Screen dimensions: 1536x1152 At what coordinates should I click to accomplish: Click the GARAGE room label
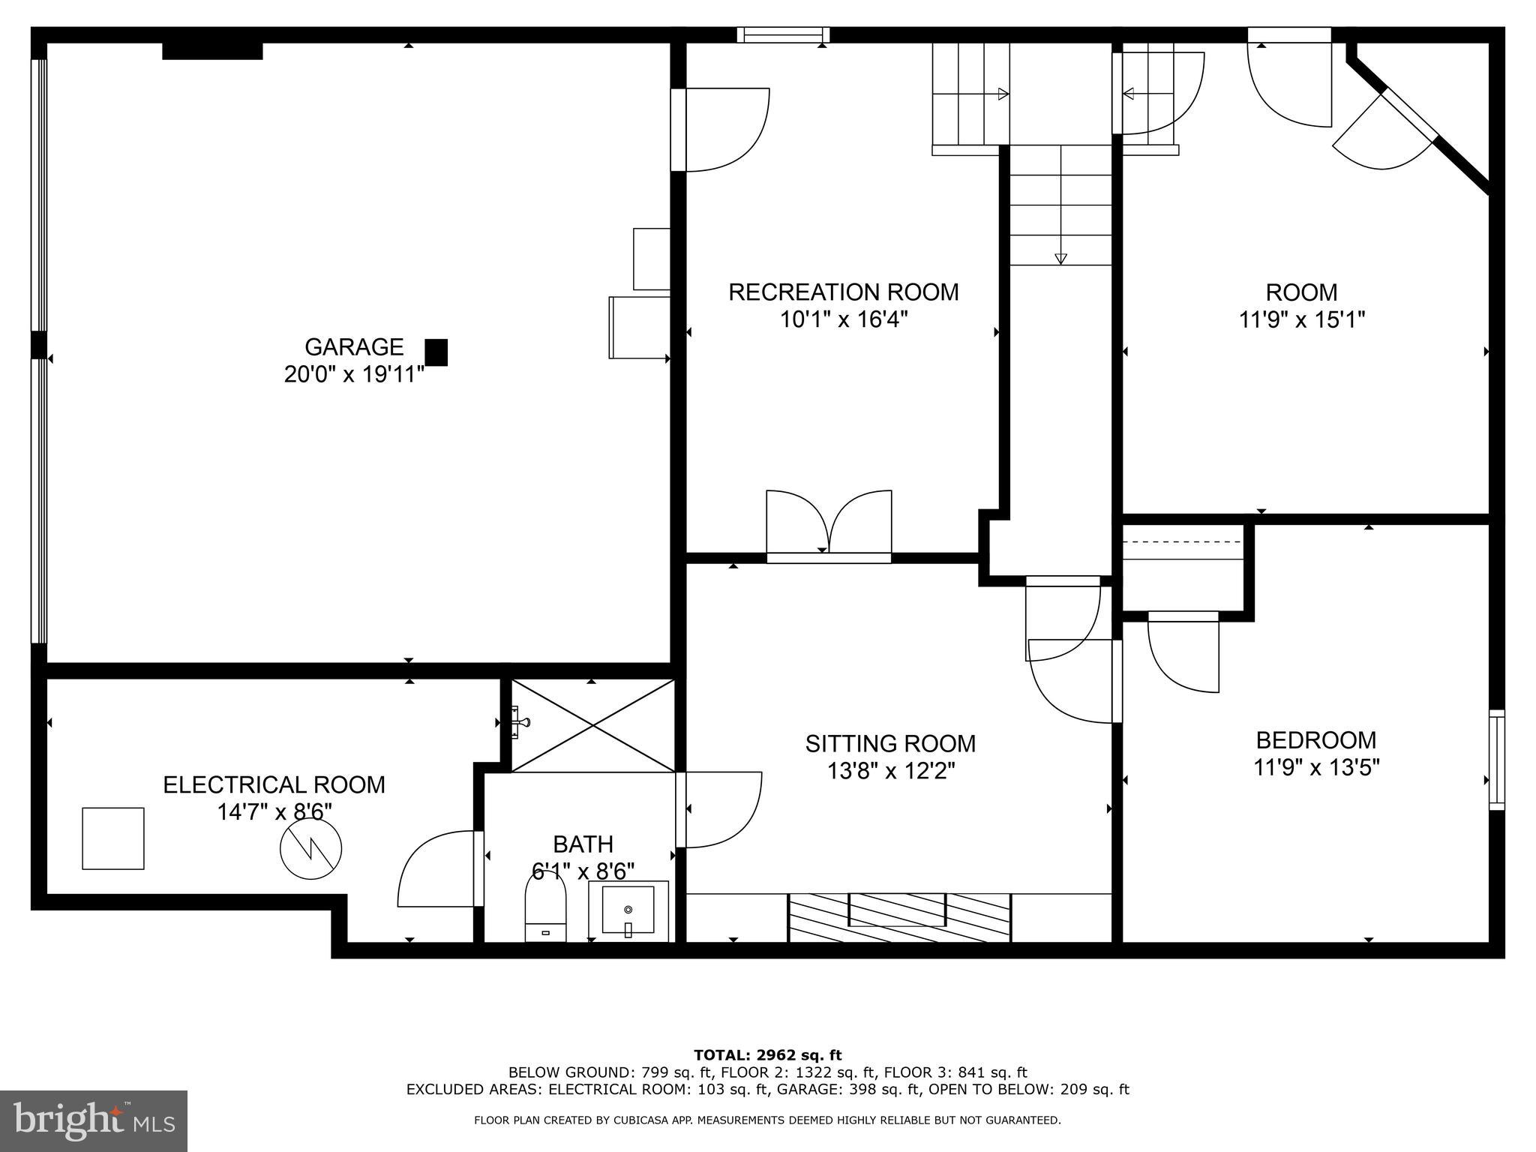(353, 346)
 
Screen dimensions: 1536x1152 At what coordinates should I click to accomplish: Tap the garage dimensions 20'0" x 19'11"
(353, 374)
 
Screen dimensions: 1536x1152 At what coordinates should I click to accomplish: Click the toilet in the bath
(545, 908)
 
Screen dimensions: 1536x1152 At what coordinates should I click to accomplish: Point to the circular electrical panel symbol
(310, 849)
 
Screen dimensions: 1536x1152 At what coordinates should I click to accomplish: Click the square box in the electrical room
(113, 838)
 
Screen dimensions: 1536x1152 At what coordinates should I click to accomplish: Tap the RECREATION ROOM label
(843, 292)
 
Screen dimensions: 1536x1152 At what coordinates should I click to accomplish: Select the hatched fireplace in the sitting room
(898, 917)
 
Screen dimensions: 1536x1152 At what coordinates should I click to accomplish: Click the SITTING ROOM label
(890, 743)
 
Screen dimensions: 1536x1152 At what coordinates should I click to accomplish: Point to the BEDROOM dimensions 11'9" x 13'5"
(1316, 767)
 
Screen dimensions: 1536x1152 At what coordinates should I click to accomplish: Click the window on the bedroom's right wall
(1496, 759)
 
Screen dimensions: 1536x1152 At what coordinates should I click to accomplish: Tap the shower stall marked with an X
(592, 725)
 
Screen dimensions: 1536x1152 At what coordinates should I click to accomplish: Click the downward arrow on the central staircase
(1060, 259)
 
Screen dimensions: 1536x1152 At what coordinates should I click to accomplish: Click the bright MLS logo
(94, 1120)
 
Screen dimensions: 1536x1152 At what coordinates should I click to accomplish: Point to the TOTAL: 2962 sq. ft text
(767, 1055)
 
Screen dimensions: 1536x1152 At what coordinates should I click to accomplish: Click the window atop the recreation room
(783, 34)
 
